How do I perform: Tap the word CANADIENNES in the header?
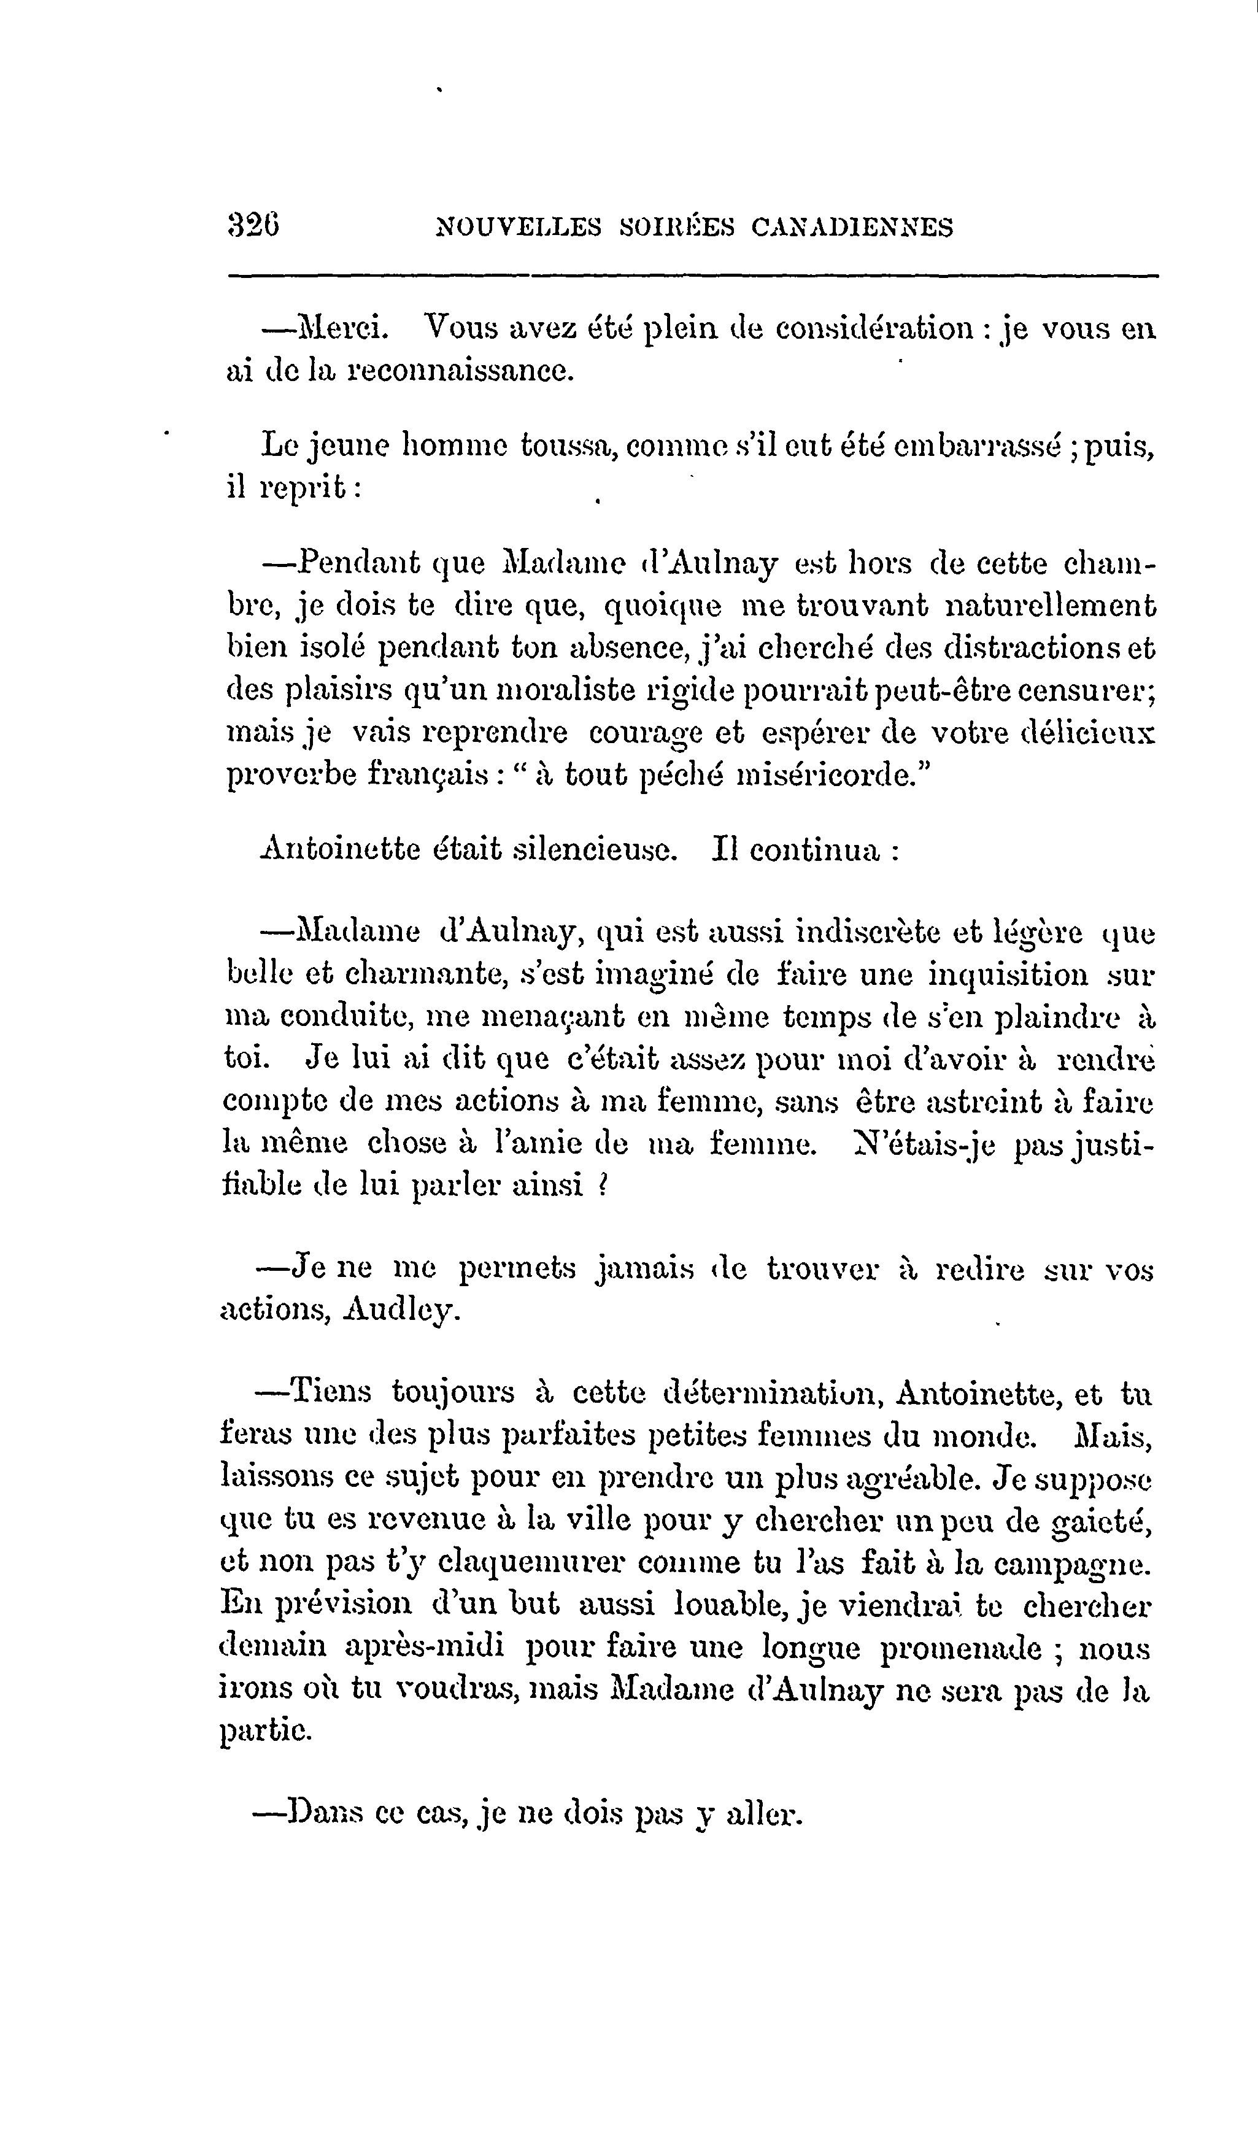[852, 227]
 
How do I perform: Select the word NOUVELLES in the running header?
[519, 227]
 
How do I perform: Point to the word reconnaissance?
[458, 371]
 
